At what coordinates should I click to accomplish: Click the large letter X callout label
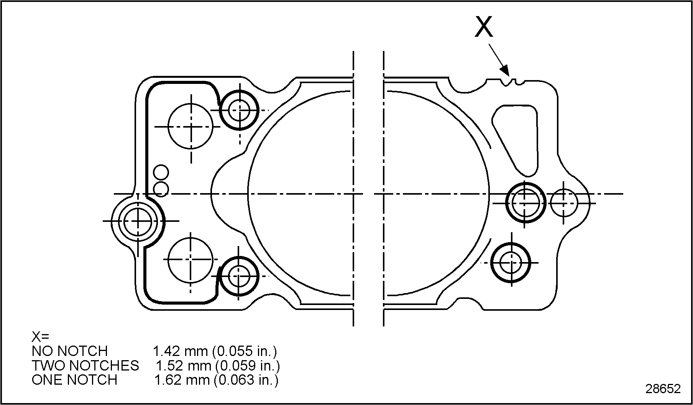[484, 27]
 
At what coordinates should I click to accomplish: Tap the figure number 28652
[663, 389]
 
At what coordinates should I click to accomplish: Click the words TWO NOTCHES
[85, 366]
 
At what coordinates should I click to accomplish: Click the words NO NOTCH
[69, 351]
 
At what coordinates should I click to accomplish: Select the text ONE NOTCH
[74, 380]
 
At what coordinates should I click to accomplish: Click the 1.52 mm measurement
[183, 366]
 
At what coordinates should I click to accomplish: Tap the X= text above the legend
[40, 337]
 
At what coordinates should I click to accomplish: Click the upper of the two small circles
[161, 173]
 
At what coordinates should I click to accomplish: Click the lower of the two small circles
[161, 189]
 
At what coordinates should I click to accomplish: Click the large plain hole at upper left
[190, 126]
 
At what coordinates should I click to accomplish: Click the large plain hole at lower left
[190, 259]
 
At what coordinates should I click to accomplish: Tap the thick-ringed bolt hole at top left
[239, 110]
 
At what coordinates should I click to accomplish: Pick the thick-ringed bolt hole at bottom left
[239, 276]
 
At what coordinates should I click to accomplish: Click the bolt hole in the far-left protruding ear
[138, 221]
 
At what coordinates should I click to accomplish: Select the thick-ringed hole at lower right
[511, 263]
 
